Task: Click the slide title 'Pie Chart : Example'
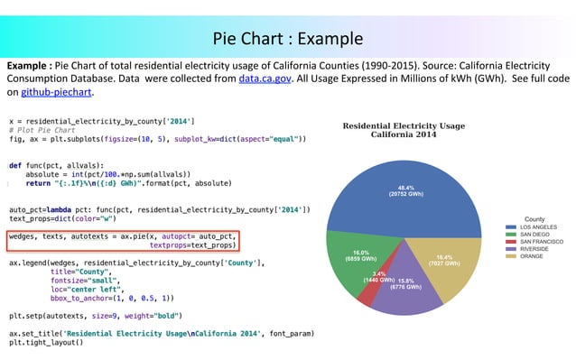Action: [288, 39]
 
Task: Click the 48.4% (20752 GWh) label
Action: [405, 190]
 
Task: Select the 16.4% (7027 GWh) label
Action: [443, 260]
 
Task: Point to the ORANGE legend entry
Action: [534, 256]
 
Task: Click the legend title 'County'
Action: [534, 218]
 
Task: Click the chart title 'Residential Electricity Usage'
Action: [403, 125]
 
